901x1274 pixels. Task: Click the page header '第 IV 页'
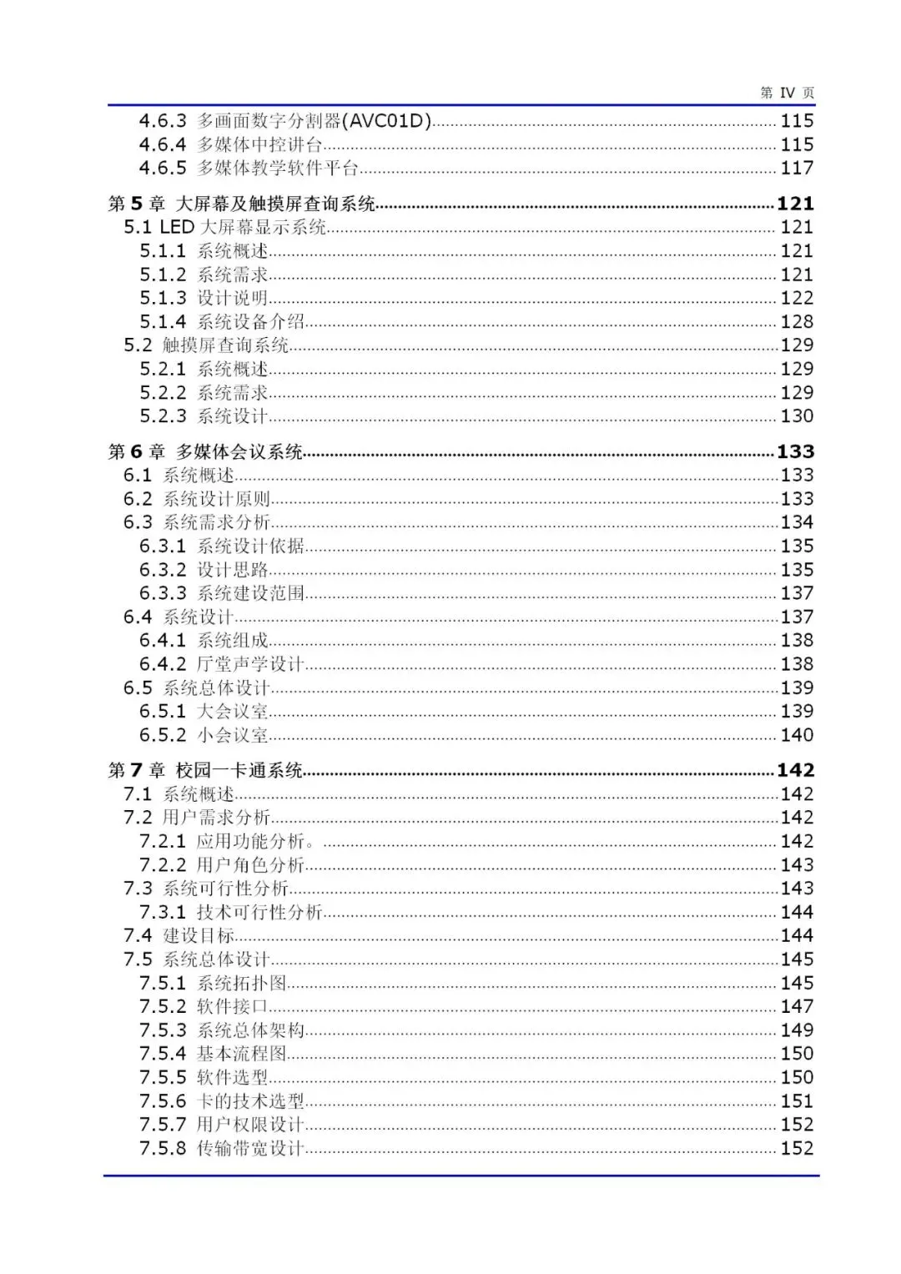[x=787, y=93]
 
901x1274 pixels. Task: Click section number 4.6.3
[x=163, y=121]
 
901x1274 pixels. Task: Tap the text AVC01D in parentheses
[x=390, y=121]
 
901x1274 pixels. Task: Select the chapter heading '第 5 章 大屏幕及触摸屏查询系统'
[x=242, y=204]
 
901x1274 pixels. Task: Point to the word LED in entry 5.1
[x=177, y=227]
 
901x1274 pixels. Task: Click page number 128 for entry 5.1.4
[x=797, y=322]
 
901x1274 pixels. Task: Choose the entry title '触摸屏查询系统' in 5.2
[x=225, y=345]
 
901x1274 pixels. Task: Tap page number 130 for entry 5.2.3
[x=797, y=416]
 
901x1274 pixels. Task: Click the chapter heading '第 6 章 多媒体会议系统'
[x=205, y=452]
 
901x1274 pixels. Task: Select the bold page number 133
[x=795, y=452]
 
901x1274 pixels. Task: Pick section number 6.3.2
[x=163, y=570]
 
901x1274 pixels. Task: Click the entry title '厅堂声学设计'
[x=250, y=664]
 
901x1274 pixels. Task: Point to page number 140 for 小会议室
[x=797, y=735]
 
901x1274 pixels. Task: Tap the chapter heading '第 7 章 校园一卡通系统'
[x=205, y=771]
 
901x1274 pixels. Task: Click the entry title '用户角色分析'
[x=250, y=865]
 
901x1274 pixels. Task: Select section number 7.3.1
[x=163, y=913]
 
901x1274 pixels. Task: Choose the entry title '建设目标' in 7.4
[x=199, y=936]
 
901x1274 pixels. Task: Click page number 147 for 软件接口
[x=797, y=1007]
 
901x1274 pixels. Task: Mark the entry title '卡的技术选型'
[x=250, y=1101]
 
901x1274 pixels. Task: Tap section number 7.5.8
[x=163, y=1149]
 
